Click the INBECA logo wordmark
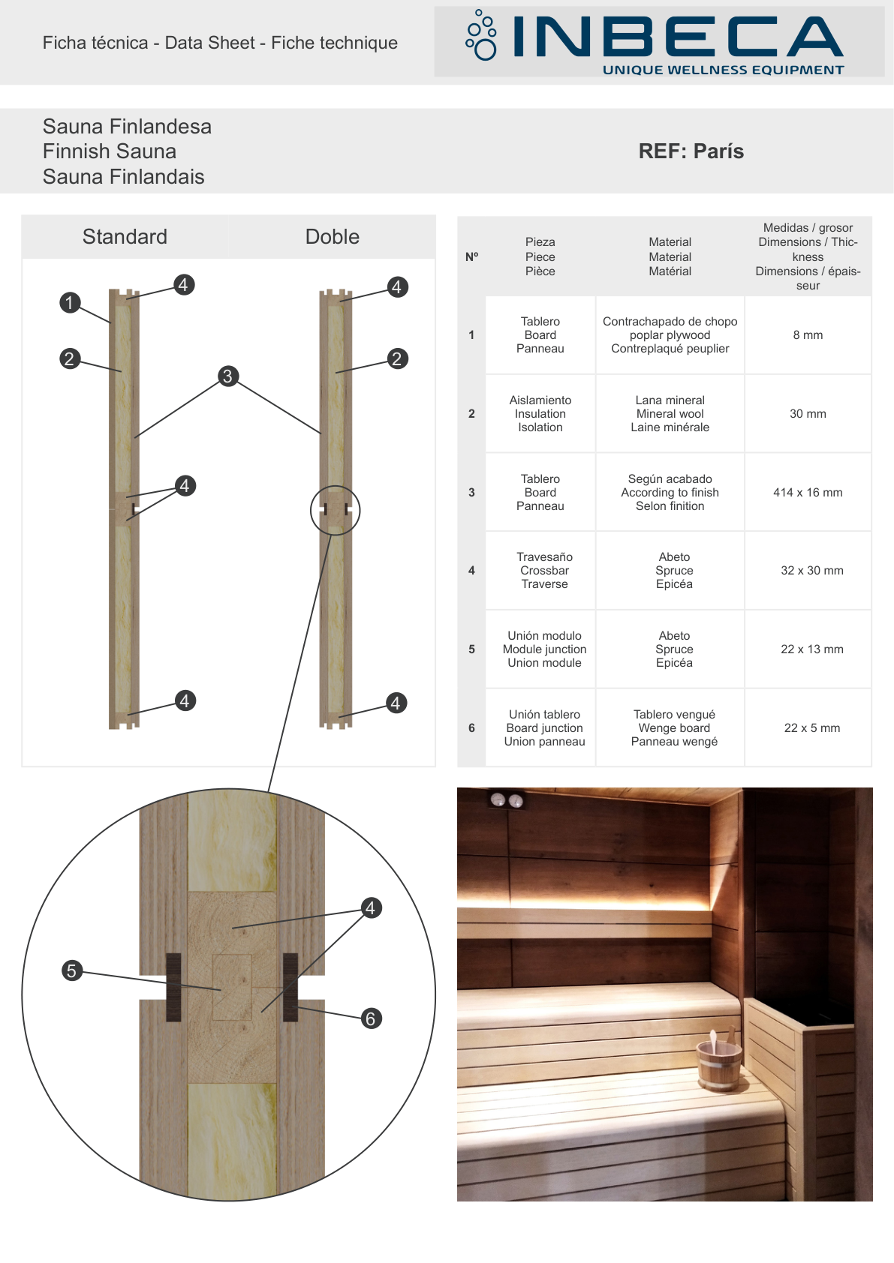[678, 37]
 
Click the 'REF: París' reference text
[691, 151]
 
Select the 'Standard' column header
[125, 236]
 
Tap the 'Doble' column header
[332, 236]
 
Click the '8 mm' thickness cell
[808, 335]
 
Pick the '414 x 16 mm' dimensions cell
[808, 492]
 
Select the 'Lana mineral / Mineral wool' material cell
[670, 413]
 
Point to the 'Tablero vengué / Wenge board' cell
[674, 728]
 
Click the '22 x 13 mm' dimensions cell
[811, 649]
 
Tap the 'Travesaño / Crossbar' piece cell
[544, 570]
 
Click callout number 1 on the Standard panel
[69, 302]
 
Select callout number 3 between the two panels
[227, 376]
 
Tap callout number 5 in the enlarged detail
[71, 970]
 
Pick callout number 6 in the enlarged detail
[370, 1018]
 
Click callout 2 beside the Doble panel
[397, 358]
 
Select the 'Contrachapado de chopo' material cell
[670, 335]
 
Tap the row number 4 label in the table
[471, 570]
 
